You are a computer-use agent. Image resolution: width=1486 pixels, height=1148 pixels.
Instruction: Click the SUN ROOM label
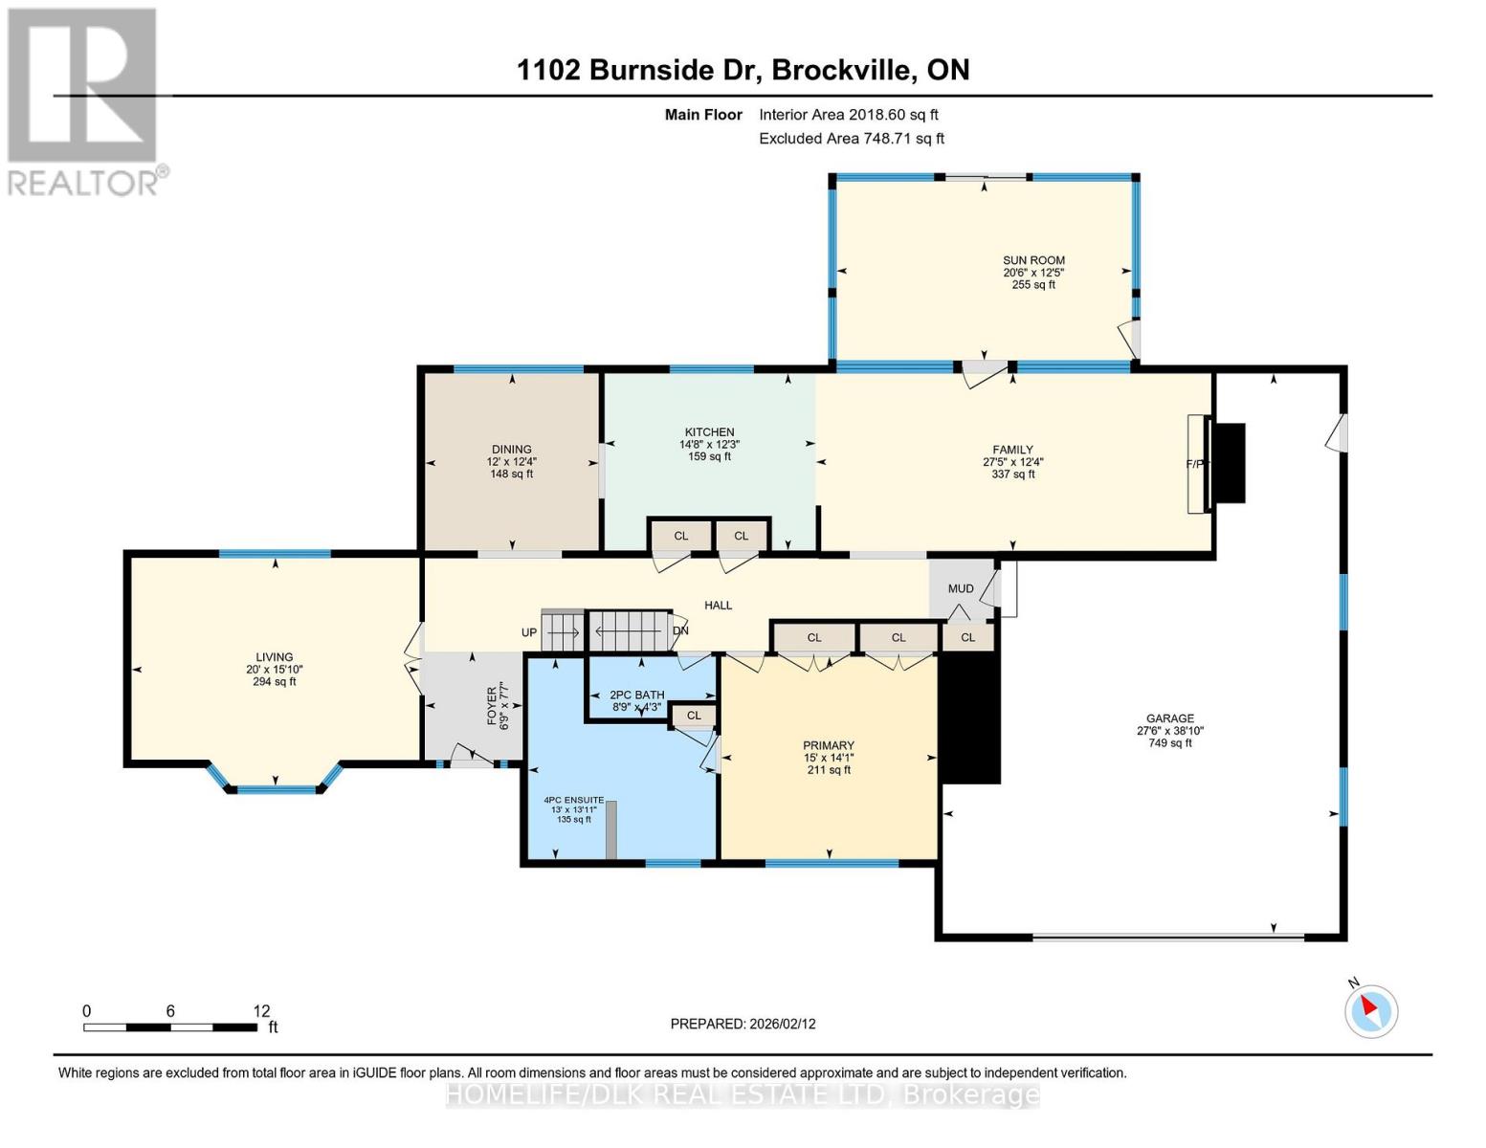(x=1033, y=260)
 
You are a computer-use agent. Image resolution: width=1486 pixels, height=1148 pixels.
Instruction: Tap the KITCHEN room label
(x=709, y=432)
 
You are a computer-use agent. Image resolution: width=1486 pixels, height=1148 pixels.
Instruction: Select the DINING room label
(x=511, y=450)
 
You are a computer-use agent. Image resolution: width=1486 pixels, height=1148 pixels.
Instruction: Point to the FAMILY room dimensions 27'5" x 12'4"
(x=1012, y=462)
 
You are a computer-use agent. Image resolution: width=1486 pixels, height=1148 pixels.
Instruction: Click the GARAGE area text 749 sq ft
(x=1169, y=743)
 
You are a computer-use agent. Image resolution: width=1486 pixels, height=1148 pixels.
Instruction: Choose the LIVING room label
(x=274, y=657)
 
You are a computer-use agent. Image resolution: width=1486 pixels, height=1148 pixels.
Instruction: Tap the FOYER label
(x=493, y=706)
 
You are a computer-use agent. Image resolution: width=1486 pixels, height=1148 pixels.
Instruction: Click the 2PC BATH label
(x=636, y=695)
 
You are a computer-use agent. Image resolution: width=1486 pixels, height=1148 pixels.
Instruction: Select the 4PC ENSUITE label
(x=574, y=800)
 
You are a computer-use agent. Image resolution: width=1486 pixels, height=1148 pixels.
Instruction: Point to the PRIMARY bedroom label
(x=828, y=746)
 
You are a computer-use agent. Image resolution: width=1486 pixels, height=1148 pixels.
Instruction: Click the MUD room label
(x=961, y=589)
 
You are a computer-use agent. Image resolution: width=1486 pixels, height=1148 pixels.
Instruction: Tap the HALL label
(x=718, y=606)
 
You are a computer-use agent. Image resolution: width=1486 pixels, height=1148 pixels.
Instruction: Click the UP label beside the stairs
(x=529, y=633)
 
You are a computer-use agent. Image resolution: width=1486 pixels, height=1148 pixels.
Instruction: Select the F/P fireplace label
(x=1196, y=465)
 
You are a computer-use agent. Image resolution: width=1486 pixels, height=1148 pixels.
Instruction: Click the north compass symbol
(x=1370, y=1010)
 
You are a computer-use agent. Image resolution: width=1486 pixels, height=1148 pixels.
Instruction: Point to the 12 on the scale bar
(x=261, y=1011)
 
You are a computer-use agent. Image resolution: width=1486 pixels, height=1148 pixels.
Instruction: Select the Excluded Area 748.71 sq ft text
(x=851, y=139)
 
